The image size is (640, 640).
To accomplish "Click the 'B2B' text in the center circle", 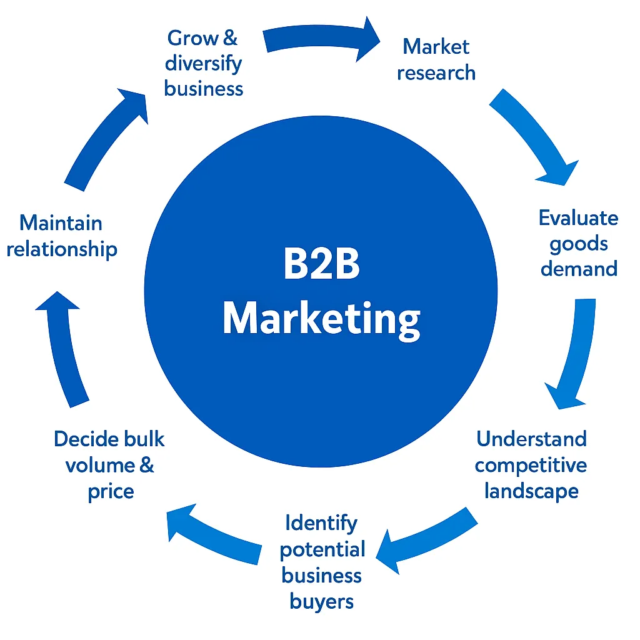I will pyautogui.click(x=321, y=264).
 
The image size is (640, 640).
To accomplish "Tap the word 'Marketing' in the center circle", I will pyautogui.click(x=321, y=319).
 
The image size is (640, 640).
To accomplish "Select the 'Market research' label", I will pyautogui.click(x=436, y=59).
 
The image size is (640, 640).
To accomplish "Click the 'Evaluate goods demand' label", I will pyautogui.click(x=579, y=243).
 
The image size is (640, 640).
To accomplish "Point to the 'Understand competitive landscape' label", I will pyautogui.click(x=531, y=464).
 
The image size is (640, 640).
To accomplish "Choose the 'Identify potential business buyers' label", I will pyautogui.click(x=322, y=562).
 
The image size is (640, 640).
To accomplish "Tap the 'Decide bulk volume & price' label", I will pyautogui.click(x=110, y=465).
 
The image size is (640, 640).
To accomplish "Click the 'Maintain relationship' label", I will pyautogui.click(x=62, y=236).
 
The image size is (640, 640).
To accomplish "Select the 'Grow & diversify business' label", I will pyautogui.click(x=203, y=63).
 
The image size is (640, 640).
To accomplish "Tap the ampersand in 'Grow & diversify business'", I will pyautogui.click(x=229, y=37).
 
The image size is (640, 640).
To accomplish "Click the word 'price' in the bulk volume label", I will pyautogui.click(x=111, y=492).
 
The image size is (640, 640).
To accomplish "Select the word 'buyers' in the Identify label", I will pyautogui.click(x=322, y=601).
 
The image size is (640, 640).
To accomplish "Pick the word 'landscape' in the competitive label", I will pyautogui.click(x=531, y=491).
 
